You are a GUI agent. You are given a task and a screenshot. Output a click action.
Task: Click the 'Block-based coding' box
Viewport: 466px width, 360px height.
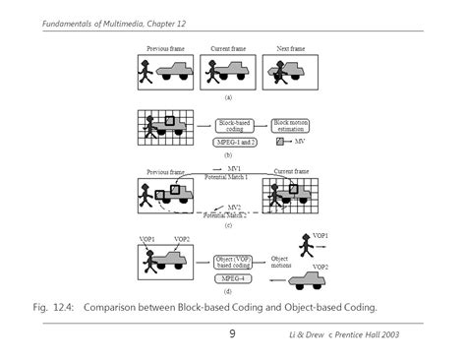click(x=234, y=125)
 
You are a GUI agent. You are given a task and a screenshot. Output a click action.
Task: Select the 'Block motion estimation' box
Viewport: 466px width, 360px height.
click(x=291, y=125)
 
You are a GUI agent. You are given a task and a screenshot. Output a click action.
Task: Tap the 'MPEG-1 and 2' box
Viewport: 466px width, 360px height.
click(x=234, y=143)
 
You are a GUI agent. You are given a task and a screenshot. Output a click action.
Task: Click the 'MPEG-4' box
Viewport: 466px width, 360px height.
click(x=233, y=278)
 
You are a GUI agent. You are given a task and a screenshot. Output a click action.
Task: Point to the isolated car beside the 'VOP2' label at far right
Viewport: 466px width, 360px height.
click(x=300, y=280)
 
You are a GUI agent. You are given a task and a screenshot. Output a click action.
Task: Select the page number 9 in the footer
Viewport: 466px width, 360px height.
click(x=233, y=334)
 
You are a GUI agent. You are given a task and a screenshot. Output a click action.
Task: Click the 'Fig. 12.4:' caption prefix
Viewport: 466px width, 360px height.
click(x=53, y=306)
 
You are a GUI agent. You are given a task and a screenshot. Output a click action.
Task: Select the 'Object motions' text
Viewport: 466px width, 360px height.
click(x=282, y=262)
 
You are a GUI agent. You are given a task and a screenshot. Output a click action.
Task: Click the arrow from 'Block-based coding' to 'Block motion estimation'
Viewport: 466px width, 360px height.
click(x=262, y=125)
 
